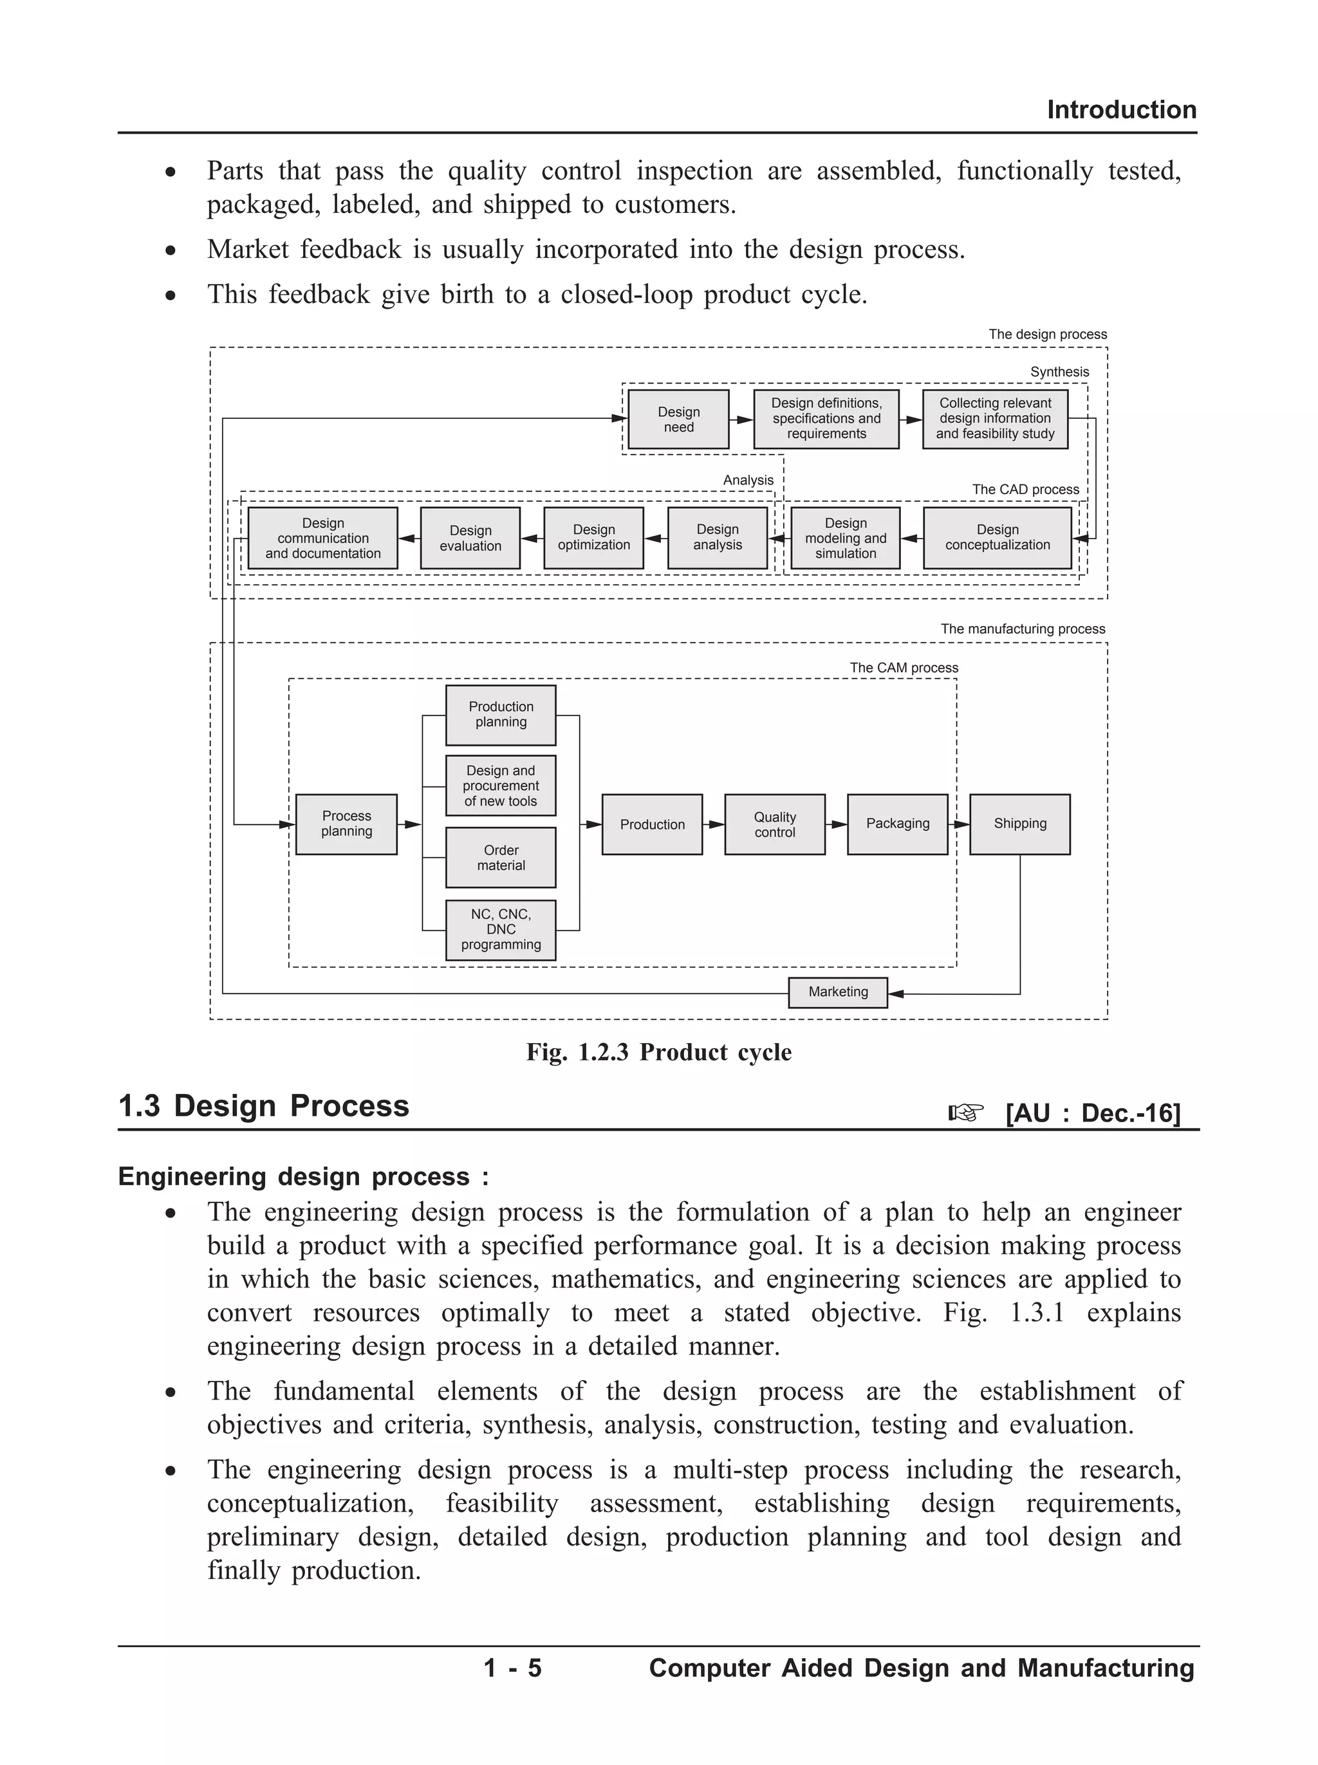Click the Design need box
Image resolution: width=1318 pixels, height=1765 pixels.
[678, 419]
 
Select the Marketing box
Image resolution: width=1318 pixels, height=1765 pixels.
[838, 992]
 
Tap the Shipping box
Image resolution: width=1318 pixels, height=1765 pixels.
[1019, 823]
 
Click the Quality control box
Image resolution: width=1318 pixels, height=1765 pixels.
[775, 824]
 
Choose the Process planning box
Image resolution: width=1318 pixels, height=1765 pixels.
[346, 823]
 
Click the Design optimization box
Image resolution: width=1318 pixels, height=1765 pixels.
[593, 537]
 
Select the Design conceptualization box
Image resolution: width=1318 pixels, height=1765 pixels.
[998, 537]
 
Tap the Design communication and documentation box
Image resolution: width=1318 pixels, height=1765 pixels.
[323, 537]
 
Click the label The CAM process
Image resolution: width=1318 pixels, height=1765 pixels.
[903, 667]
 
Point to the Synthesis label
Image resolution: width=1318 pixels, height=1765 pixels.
[1059, 372]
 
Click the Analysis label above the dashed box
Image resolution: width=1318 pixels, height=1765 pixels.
[748, 480]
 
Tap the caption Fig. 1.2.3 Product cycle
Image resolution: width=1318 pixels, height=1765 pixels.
[659, 1052]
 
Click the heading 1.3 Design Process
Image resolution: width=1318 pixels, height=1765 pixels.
[263, 1105]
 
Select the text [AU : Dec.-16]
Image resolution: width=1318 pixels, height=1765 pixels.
[1092, 1113]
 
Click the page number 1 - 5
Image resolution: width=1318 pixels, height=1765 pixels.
[512, 1668]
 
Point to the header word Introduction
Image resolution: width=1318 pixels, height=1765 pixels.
[1121, 109]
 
